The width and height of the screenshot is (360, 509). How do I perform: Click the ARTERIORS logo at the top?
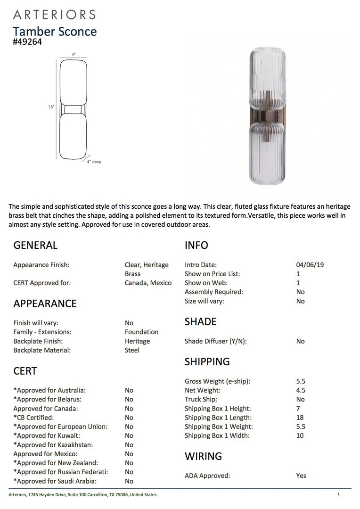click(x=54, y=15)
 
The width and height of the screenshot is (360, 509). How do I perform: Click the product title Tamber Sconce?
click(x=55, y=32)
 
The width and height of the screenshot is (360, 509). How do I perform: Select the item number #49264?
click(x=27, y=41)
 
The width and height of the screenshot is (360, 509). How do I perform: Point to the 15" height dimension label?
click(x=51, y=107)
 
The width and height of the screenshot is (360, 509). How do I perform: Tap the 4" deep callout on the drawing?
click(x=94, y=162)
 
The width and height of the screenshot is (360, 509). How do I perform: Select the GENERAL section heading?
click(x=35, y=245)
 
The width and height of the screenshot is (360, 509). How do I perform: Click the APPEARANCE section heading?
click(x=45, y=304)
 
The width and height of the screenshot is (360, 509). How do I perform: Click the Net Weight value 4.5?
click(x=301, y=390)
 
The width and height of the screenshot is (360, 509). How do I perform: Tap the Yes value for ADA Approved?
click(x=301, y=476)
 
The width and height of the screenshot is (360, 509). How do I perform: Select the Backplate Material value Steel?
click(x=132, y=350)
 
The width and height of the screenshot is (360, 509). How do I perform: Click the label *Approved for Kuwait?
click(x=47, y=435)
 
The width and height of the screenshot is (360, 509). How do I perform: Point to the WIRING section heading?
click(x=203, y=456)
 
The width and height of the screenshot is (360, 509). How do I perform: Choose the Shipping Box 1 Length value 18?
click(x=300, y=418)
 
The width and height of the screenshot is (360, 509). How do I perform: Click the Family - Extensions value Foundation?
click(x=141, y=332)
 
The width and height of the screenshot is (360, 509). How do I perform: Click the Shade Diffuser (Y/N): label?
click(x=216, y=341)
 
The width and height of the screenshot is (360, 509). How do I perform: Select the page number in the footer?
click(x=338, y=494)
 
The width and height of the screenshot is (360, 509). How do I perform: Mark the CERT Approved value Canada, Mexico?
click(x=148, y=283)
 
